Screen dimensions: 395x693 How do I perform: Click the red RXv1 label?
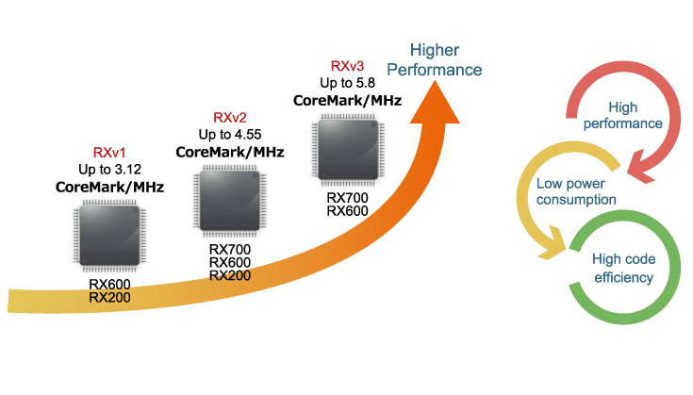coord(108,152)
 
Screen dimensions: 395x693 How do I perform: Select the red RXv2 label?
coord(230,117)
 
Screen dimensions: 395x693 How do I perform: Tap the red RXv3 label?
coord(347,66)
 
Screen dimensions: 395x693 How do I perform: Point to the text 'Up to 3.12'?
coord(108,169)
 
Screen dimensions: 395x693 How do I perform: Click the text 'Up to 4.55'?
coord(230,134)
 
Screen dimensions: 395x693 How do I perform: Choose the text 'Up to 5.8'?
coord(347,83)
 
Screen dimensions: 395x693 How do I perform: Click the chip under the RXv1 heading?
coord(109,237)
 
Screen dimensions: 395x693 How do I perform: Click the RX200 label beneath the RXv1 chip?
coord(109,296)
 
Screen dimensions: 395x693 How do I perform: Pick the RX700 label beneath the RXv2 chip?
coord(230,249)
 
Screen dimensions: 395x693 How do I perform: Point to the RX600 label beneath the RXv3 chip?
coord(347,210)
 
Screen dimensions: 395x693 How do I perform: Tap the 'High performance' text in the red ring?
coord(623,116)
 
